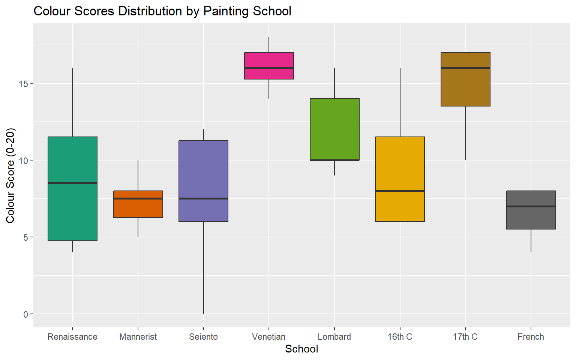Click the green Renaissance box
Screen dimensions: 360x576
click(x=72, y=210)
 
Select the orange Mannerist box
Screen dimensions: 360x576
click(x=138, y=208)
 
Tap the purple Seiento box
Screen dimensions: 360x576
click(x=203, y=169)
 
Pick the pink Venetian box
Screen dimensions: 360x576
click(x=269, y=60)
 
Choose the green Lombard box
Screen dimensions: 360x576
click(x=334, y=127)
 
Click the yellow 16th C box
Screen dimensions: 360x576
click(x=400, y=165)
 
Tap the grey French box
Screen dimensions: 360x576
click(x=531, y=217)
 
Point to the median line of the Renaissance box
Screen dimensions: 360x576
click(x=72, y=183)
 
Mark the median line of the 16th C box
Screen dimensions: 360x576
click(x=400, y=191)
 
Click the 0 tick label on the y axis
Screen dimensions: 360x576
click(x=25, y=314)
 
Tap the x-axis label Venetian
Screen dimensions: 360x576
click(x=269, y=337)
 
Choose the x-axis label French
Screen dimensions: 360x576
click(x=531, y=337)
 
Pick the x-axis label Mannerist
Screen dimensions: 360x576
click(x=138, y=337)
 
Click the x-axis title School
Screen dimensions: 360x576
click(x=301, y=349)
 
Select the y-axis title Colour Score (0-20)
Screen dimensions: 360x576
click(x=10, y=175)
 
